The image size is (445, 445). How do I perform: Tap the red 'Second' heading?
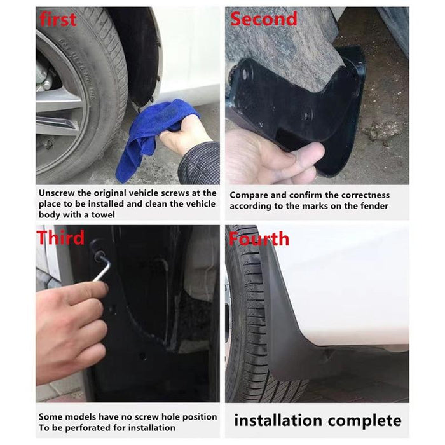pos(263,19)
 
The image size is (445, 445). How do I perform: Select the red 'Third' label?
pos(60,238)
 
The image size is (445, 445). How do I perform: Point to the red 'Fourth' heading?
pos(259,239)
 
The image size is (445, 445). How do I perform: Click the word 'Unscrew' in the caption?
pos(58,193)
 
